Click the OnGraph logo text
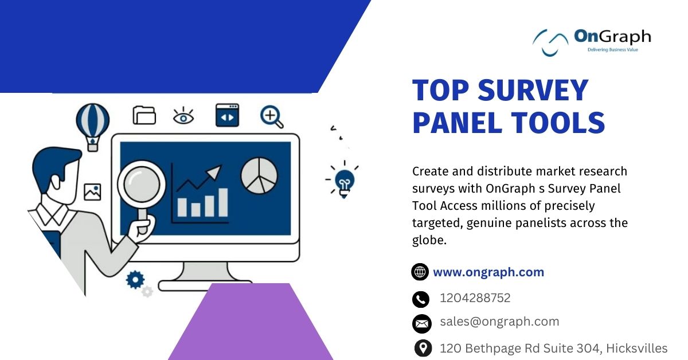coord(612,37)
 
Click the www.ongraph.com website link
coord(488,272)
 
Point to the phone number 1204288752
coord(475,298)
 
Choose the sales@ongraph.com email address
coord(499,322)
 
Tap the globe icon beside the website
coord(420,272)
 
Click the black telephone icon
coord(420,299)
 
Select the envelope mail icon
coord(422,324)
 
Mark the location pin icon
coord(423,349)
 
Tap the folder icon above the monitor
coord(144,115)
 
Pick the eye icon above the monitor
coord(183,116)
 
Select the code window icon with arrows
coord(227,115)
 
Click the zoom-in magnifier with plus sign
coord(272,117)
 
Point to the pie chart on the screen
coord(259,175)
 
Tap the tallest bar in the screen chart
coord(223,202)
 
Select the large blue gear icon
coord(135,280)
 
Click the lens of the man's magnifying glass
coord(142,185)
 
